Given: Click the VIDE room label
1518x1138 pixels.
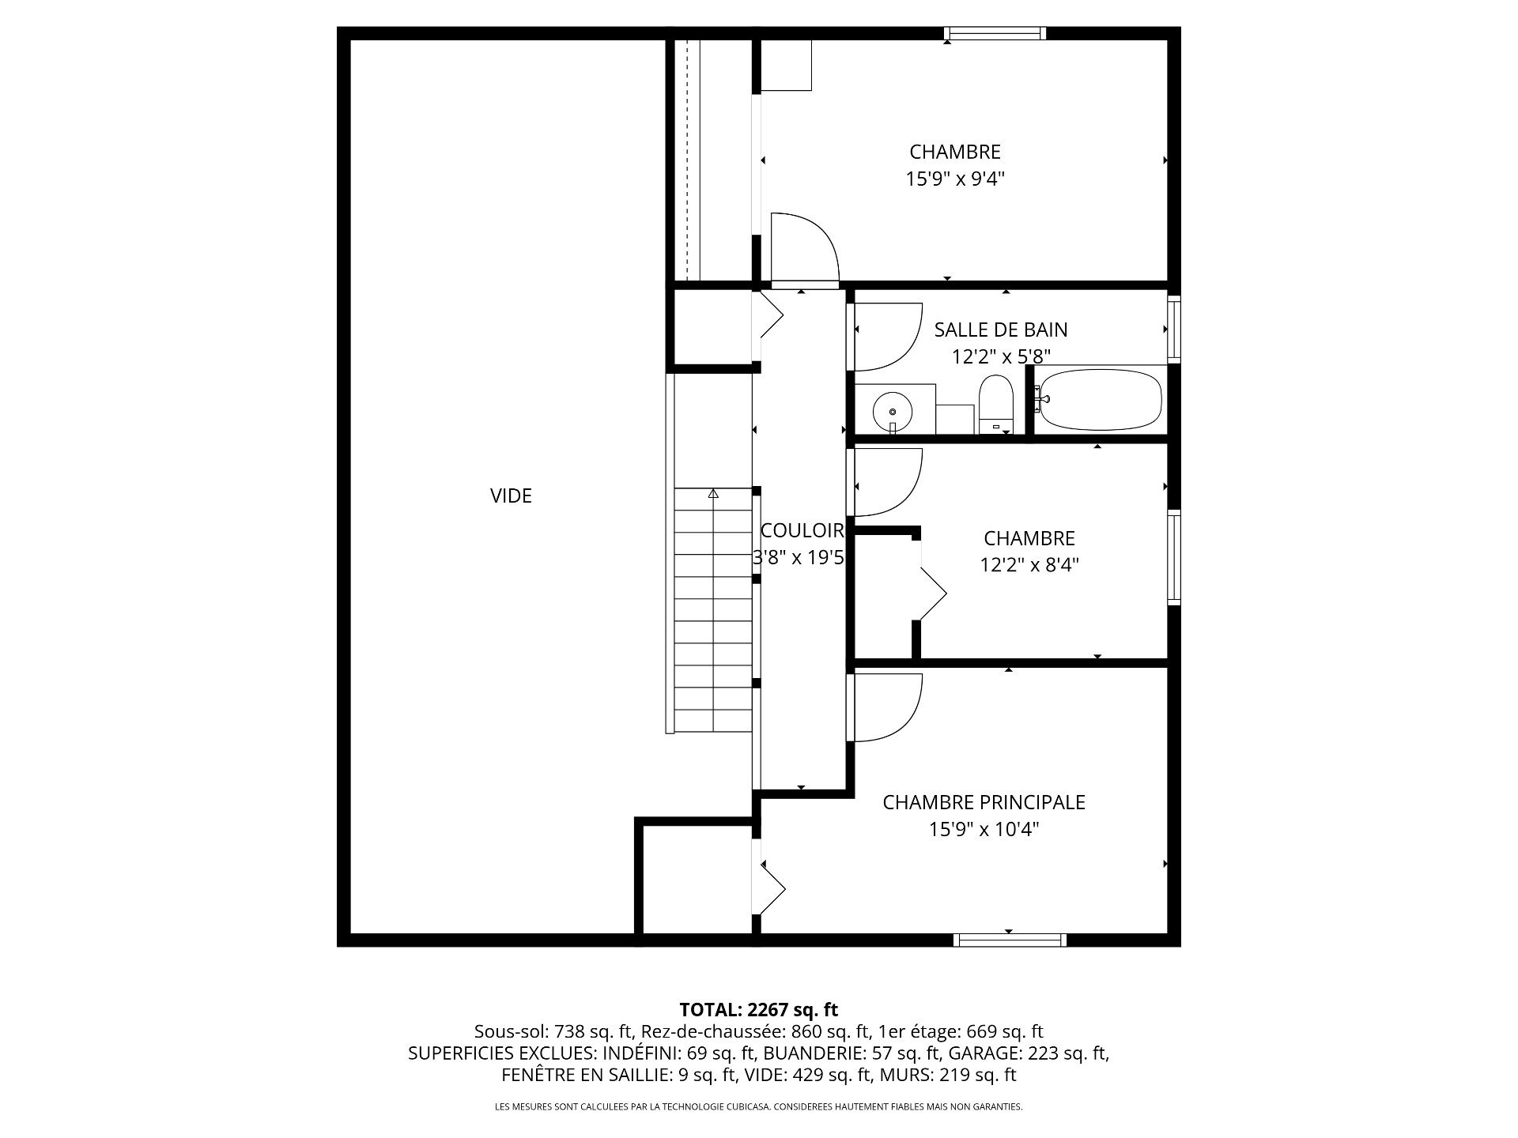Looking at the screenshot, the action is [x=511, y=496].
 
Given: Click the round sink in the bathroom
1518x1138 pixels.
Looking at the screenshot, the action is [x=893, y=411].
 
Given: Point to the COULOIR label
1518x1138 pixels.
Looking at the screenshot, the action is [x=802, y=530].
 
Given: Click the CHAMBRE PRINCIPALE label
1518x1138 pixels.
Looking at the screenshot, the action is [x=984, y=802].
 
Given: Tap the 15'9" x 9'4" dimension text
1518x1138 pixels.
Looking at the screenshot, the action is [x=955, y=179].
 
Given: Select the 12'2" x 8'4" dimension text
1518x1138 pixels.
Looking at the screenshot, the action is [x=1029, y=565].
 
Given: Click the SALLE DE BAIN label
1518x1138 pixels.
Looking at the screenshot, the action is [x=1001, y=330].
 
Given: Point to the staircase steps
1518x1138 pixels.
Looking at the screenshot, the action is [x=713, y=610].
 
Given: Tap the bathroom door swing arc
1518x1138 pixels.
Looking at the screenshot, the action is [x=889, y=337].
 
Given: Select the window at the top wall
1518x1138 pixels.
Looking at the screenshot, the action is [x=995, y=33].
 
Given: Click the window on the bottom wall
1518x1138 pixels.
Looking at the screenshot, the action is [x=1010, y=940].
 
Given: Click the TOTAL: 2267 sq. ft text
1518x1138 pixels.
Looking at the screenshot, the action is [x=759, y=1009].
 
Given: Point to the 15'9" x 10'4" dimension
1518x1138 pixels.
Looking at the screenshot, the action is [x=984, y=829].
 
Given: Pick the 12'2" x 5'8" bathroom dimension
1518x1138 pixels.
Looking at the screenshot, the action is [x=1001, y=356].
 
